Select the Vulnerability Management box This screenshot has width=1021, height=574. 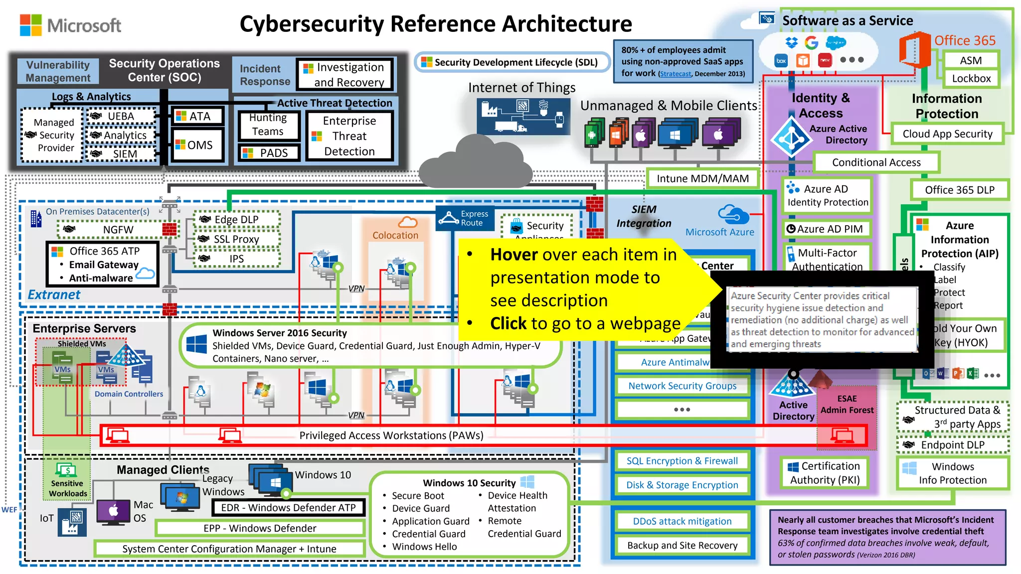tap(58, 71)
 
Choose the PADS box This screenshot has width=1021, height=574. tap(269, 153)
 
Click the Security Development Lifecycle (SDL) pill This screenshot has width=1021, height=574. tap(512, 62)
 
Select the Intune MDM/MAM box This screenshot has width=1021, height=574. tap(702, 179)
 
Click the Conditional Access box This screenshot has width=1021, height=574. tap(876, 162)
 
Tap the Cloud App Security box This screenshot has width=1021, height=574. tap(947, 134)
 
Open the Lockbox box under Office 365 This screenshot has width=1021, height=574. tap(971, 79)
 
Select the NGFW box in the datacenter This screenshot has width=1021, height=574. tap(118, 230)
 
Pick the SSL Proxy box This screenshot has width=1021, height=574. tap(236, 239)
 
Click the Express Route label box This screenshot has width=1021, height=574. tap(466, 218)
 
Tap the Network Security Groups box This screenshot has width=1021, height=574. tap(681, 386)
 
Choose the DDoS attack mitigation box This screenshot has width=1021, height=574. tap(681, 521)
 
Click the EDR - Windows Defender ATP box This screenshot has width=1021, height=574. tap(288, 508)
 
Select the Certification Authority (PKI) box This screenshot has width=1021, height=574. tap(825, 473)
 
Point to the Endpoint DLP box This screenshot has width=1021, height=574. tap(952, 445)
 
